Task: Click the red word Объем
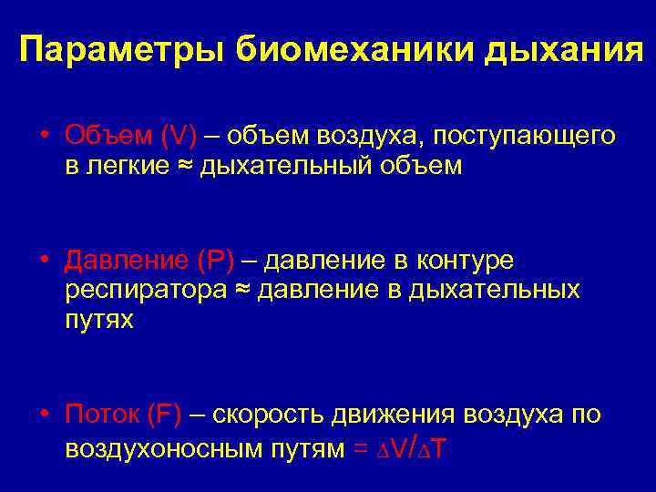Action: coord(108,136)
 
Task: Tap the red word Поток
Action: coord(102,415)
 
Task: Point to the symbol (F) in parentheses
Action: coord(163,415)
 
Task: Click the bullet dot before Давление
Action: coord(44,261)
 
